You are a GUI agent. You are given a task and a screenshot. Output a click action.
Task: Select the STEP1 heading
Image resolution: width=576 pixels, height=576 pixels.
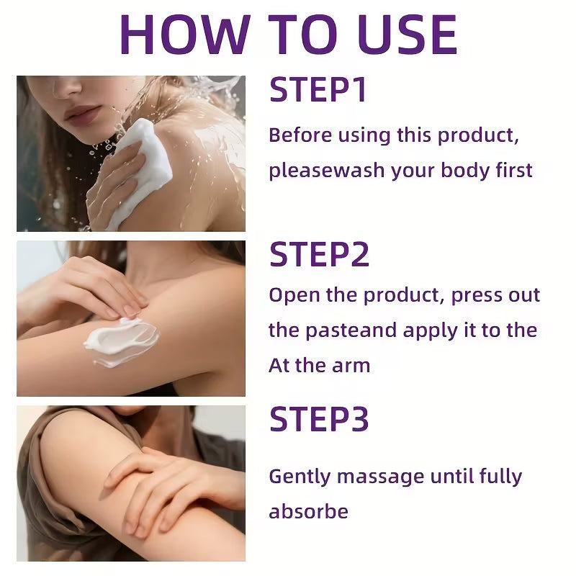[318, 91]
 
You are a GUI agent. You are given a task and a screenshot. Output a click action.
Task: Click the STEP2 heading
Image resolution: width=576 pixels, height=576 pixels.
[319, 255]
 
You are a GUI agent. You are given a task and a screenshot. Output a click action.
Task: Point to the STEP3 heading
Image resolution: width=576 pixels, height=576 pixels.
[319, 420]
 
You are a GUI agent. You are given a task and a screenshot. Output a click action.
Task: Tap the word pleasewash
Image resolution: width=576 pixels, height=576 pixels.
[327, 171]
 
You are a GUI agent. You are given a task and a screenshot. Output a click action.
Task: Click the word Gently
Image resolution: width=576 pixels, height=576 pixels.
[300, 477]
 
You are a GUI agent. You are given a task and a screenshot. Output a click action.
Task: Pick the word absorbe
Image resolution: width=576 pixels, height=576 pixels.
[308, 512]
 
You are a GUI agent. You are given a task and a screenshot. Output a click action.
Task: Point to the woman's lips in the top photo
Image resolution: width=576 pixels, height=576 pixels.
[82, 114]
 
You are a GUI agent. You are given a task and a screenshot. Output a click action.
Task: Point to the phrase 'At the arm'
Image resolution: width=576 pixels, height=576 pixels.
[319, 365]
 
